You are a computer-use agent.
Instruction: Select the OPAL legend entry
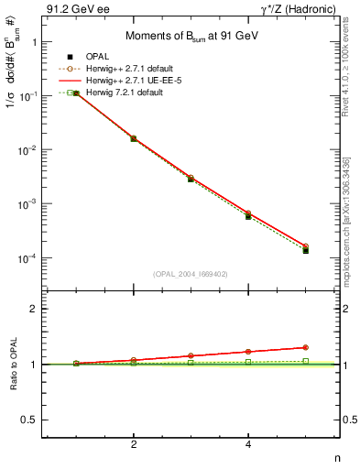click(x=87, y=58)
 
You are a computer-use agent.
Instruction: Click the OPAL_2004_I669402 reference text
click(x=191, y=273)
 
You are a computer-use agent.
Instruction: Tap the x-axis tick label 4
click(x=248, y=444)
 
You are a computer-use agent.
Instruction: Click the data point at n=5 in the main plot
click(x=305, y=249)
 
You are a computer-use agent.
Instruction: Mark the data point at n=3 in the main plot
click(x=191, y=179)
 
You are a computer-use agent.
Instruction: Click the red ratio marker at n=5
click(x=305, y=347)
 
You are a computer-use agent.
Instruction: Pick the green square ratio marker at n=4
click(x=248, y=362)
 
